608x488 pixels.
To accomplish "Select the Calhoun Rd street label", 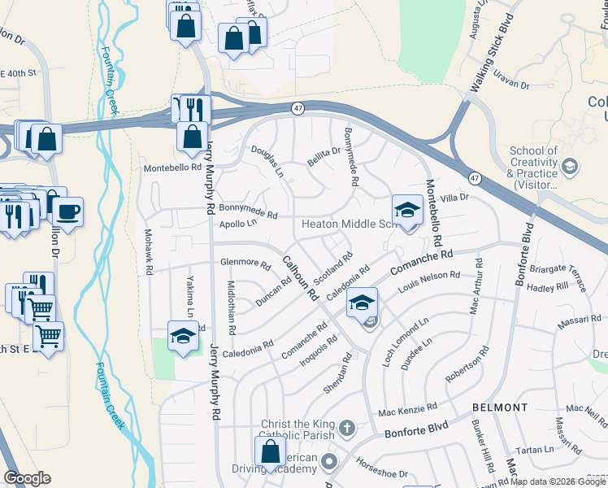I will tap(300, 280).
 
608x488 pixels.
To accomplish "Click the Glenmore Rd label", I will tap(245, 263).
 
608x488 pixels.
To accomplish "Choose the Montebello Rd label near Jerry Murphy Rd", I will tap(172, 167).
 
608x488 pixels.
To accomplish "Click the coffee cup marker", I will tap(67, 214).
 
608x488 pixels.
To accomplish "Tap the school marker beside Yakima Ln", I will tap(183, 336).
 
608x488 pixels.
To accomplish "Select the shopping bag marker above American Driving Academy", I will tap(270, 453).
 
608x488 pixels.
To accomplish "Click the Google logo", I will tap(27, 478).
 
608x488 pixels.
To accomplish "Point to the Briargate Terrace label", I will tap(557, 271).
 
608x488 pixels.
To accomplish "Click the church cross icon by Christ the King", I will tap(346, 427).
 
